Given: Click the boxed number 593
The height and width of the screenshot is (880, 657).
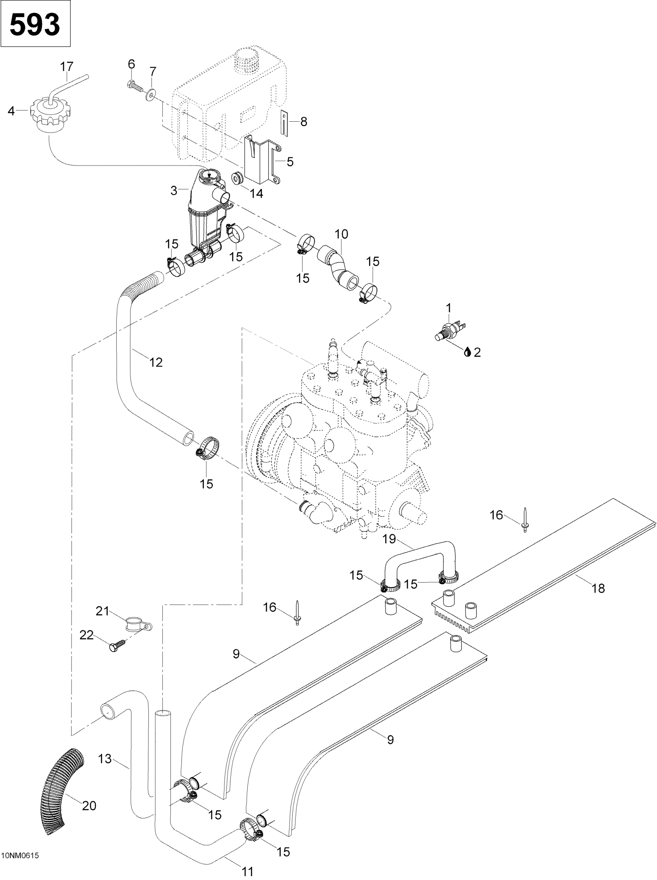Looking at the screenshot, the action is point(35,25).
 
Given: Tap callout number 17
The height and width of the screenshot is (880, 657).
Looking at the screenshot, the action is point(67,66).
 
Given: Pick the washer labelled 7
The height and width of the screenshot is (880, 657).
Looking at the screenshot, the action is point(152,95).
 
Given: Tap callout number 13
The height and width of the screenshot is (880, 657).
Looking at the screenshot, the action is point(105,759).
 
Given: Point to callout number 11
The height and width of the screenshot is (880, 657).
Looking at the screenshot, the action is point(247,868).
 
